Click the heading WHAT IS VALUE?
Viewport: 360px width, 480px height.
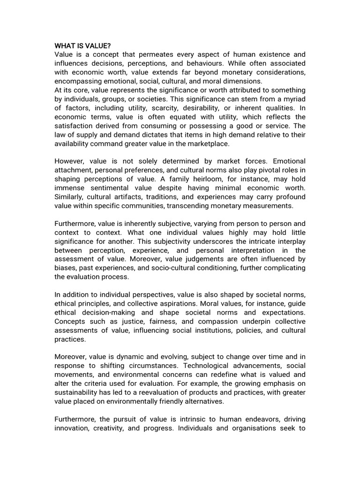coord(82,45)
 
